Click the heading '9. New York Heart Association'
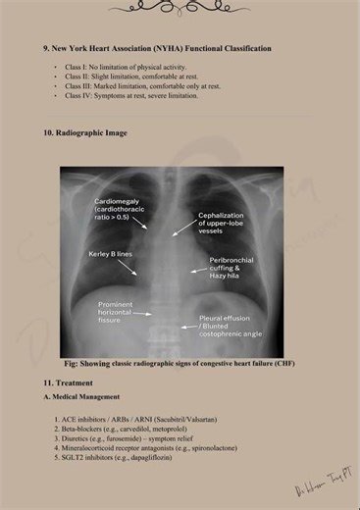(157, 48)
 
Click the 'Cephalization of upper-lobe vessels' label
(227, 223)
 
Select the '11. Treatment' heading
(68, 382)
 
